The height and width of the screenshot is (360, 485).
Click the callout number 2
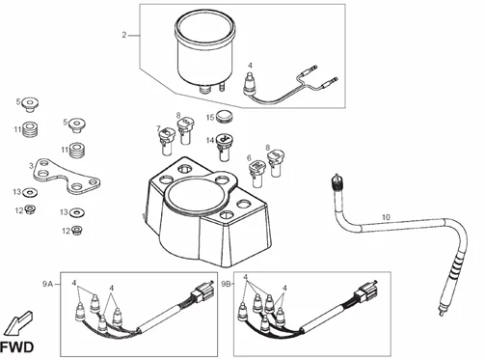(124, 36)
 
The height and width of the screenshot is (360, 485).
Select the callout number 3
(31, 166)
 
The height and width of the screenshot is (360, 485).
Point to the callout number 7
(159, 129)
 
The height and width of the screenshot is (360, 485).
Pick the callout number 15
(208, 117)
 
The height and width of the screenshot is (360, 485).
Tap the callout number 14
(208, 141)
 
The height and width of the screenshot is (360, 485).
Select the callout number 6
(249, 158)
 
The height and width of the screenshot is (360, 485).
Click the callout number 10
(385, 219)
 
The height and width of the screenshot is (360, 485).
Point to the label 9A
(48, 284)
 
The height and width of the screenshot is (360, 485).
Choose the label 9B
(225, 284)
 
